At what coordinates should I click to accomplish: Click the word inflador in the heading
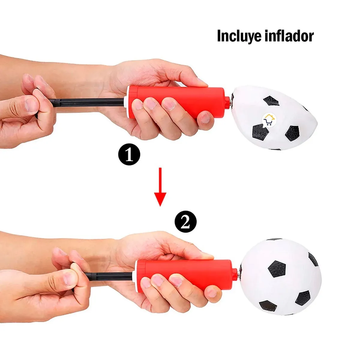point(289,36)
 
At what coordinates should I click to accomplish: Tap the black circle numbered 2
point(185,222)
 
